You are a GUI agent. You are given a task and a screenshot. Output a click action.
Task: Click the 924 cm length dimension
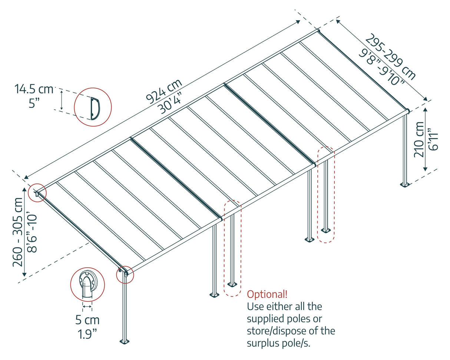163,91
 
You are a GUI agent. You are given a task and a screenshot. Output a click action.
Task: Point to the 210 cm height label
420,139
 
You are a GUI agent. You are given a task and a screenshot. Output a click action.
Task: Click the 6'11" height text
433,139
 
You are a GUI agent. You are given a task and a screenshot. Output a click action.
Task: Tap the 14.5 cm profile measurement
34,89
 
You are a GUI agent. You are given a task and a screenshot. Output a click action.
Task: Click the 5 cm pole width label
87,320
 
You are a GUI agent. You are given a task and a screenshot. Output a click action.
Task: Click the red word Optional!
267,295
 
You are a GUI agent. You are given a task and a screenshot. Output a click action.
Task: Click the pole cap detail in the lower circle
87,284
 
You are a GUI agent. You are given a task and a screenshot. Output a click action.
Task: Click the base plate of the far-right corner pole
405,184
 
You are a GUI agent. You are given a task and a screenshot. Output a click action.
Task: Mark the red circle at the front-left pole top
125,275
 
